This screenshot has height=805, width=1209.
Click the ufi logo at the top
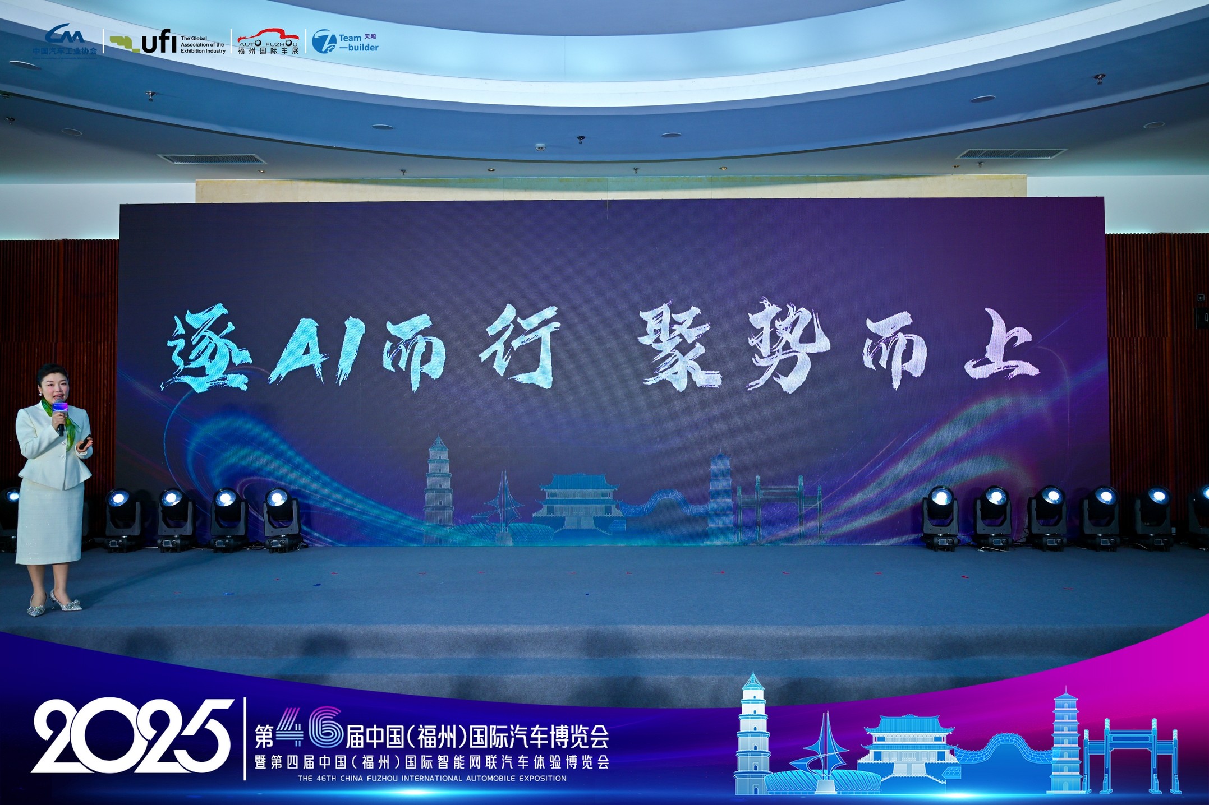(167, 42)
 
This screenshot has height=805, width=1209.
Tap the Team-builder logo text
(358, 43)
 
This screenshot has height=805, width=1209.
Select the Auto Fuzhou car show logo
(268, 40)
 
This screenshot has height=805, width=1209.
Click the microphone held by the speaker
(60, 415)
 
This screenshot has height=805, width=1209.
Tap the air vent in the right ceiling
(1011, 154)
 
